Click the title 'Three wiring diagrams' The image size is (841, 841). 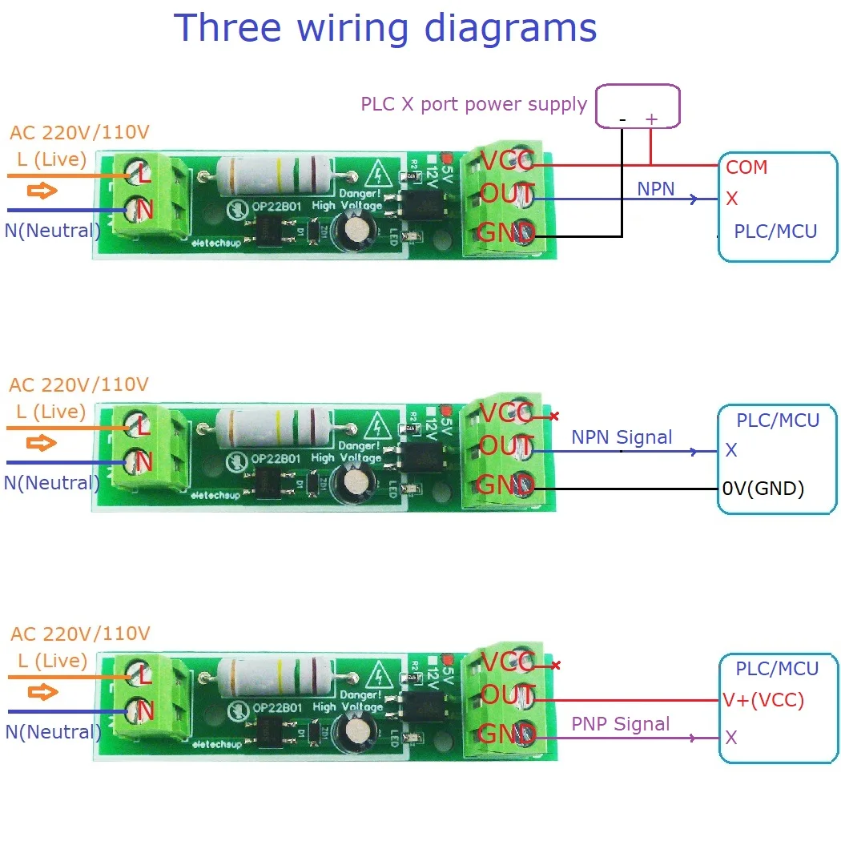click(x=385, y=28)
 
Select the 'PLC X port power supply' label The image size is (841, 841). click(x=473, y=104)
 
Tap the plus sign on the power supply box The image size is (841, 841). click(x=651, y=119)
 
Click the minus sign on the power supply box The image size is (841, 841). click(x=622, y=119)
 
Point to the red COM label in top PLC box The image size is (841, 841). click(x=746, y=167)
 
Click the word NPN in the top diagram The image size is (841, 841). click(x=656, y=189)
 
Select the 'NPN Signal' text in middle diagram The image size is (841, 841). click(x=622, y=437)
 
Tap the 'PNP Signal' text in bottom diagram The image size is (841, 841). click(x=620, y=724)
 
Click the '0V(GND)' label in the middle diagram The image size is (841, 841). click(x=763, y=488)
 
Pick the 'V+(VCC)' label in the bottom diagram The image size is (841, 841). click(x=763, y=700)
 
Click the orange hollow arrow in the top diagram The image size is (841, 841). click(x=42, y=191)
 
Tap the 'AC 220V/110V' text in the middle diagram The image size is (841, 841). click(x=78, y=384)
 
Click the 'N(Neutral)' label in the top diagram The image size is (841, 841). click(x=52, y=231)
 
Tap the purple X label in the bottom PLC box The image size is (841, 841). click(x=730, y=737)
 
